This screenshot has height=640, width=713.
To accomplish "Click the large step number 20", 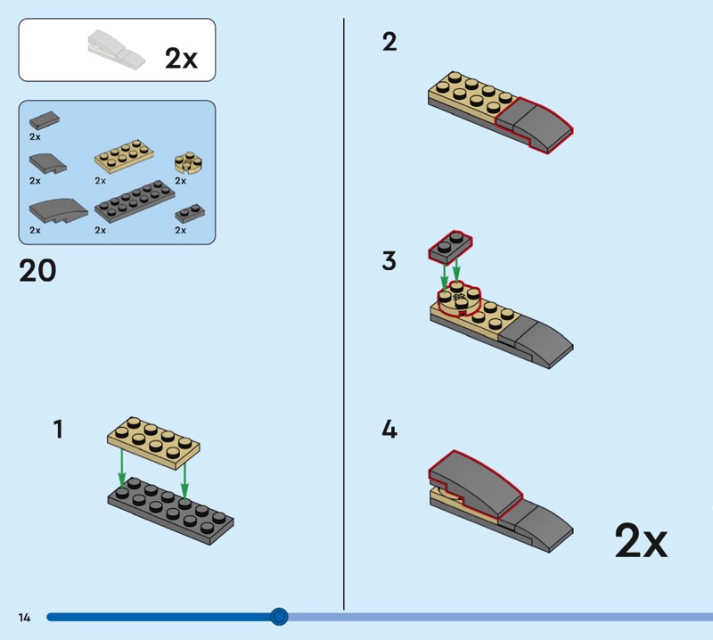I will (37, 270).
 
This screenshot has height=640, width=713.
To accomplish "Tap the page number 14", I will (24, 617).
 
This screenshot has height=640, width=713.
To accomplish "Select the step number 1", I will (58, 430).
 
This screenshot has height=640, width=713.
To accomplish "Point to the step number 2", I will (389, 42).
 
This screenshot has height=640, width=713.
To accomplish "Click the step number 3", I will (389, 261).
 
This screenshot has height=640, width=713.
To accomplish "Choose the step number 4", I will (389, 430).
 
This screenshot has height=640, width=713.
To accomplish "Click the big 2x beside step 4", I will (640, 540).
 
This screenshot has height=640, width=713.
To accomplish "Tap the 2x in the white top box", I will (181, 59).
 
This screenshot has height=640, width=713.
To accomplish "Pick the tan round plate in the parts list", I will (187, 161).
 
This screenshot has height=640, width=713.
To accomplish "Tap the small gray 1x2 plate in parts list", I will (188, 212).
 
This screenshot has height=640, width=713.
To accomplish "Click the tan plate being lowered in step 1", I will (152, 441).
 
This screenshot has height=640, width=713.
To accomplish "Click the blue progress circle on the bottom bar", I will (279, 617).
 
